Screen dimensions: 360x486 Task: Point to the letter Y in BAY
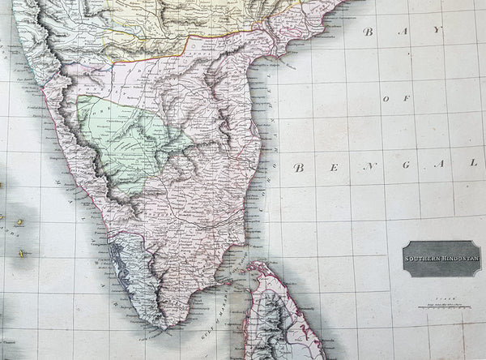point(438,31)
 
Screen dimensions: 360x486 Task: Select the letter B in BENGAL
point(298,168)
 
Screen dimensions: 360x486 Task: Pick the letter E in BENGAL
point(334,168)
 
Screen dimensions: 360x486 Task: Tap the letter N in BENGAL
point(369,167)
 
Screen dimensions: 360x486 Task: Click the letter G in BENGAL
point(406,166)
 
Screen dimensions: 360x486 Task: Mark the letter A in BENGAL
point(440,165)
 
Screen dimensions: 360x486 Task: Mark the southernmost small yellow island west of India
point(22,254)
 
